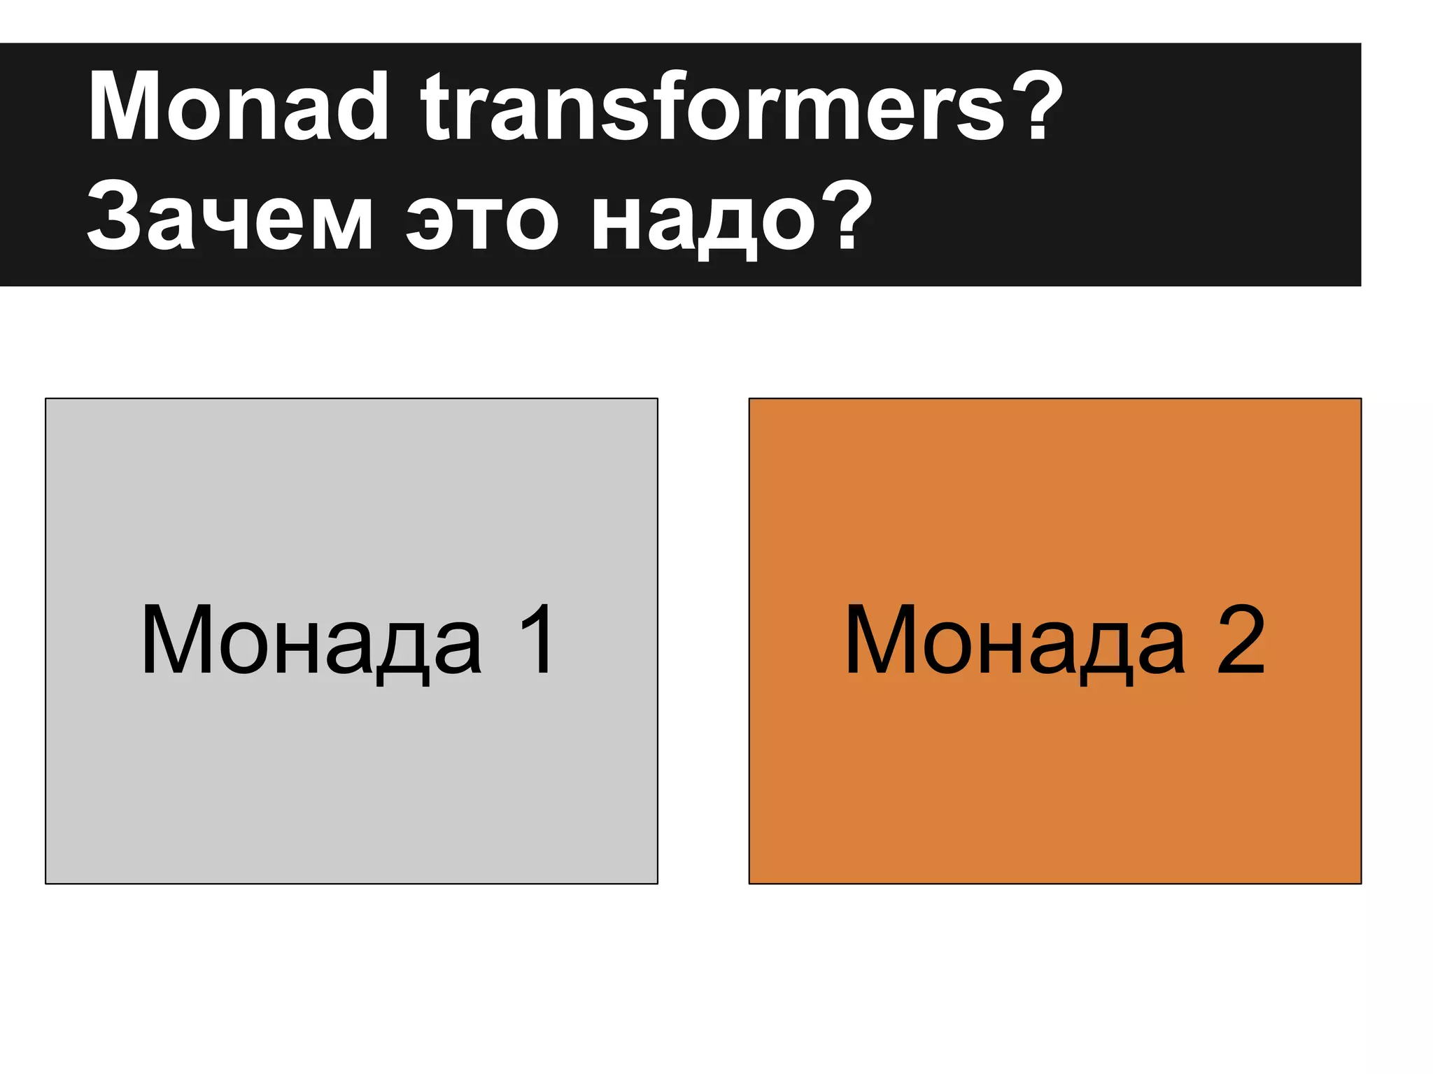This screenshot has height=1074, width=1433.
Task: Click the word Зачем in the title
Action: pyautogui.click(x=230, y=217)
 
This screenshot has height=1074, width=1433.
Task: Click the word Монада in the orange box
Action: pyautogui.click(x=1015, y=640)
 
